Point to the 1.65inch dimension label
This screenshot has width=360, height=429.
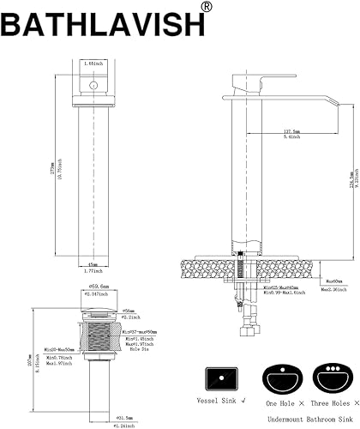pyautogui.click(x=92, y=63)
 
